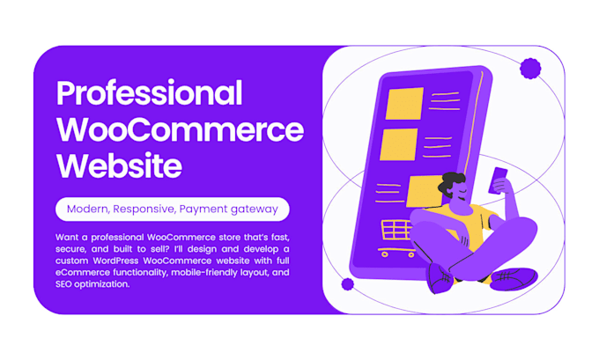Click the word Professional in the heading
pyautogui.click(x=149, y=93)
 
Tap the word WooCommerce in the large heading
pyautogui.click(x=180, y=129)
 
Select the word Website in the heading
pyautogui.click(x=119, y=165)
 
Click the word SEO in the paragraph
pyautogui.click(x=67, y=284)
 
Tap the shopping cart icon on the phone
pyautogui.click(x=396, y=233)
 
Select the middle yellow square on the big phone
pyautogui.click(x=399, y=143)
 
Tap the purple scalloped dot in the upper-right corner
pyautogui.click(x=530, y=69)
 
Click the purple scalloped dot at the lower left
pyautogui.click(x=347, y=284)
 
